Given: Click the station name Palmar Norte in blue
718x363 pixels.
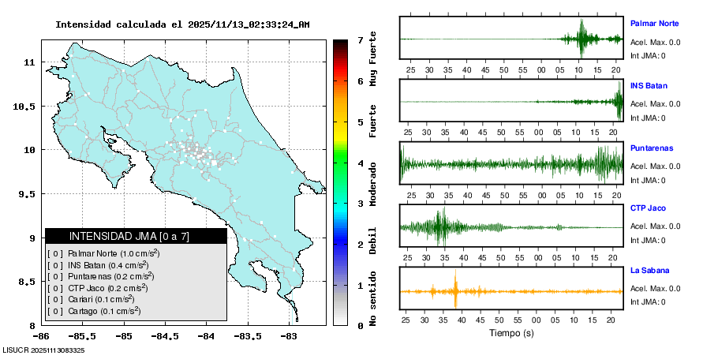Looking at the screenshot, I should [x=654, y=24].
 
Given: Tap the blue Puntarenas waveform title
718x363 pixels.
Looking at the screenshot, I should [x=651, y=148].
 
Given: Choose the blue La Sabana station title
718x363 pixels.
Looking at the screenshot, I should [x=649, y=271].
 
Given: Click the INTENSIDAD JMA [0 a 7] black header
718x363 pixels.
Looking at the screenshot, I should [x=136, y=236].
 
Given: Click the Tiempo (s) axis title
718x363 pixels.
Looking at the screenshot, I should [x=511, y=333].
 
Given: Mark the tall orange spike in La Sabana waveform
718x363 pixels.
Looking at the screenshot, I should [x=456, y=292].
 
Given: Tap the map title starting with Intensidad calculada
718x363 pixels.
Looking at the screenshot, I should [x=182, y=24].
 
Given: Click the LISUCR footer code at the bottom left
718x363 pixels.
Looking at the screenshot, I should [x=43, y=350].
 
